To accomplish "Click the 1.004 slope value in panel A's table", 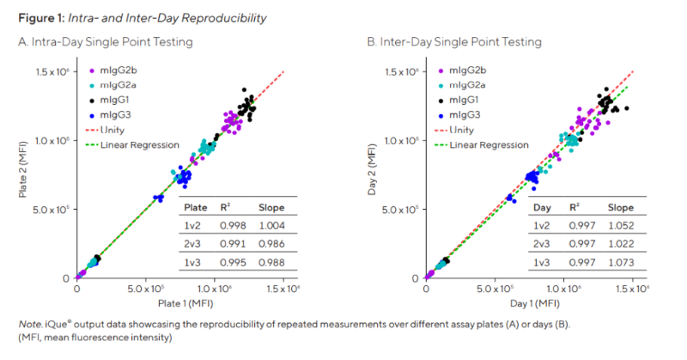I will [x=271, y=225].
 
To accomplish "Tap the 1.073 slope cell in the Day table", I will [x=620, y=262].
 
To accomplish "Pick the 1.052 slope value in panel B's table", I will [x=620, y=225].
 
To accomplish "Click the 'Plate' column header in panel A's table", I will [x=192, y=207].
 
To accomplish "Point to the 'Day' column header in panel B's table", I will [x=542, y=207].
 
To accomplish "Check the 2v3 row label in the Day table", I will [x=540, y=244].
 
